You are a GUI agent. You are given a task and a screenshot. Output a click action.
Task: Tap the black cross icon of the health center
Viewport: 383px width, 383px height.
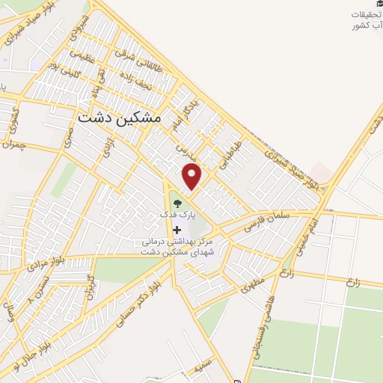177,229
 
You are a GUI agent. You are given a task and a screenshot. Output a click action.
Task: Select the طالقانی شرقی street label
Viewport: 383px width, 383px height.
139,57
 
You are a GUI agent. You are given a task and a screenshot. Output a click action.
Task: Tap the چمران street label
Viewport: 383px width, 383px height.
13,142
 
